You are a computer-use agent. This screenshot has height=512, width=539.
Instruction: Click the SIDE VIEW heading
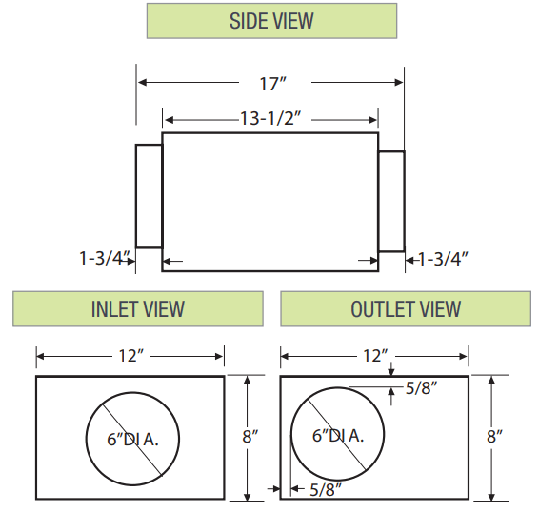coord(270,20)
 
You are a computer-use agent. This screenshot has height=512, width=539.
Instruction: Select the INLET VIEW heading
coord(137,309)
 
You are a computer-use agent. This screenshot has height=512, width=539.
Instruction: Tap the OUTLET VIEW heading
coord(406,309)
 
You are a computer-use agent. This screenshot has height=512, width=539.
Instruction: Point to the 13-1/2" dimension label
coord(271,119)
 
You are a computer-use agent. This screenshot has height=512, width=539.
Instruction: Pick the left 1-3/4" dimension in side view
coord(103,257)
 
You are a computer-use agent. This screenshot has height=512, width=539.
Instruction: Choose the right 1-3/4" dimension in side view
coord(443,257)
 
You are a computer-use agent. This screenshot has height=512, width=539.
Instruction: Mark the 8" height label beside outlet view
coord(494,437)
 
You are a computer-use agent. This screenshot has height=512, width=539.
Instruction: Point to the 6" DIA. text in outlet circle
coord(338,436)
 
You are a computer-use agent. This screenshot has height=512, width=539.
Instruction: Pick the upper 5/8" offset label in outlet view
coord(422,388)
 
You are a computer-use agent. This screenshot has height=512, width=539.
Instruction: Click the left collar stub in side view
coord(149,196)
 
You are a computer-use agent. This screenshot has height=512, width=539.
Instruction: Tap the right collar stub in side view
coord(391,201)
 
